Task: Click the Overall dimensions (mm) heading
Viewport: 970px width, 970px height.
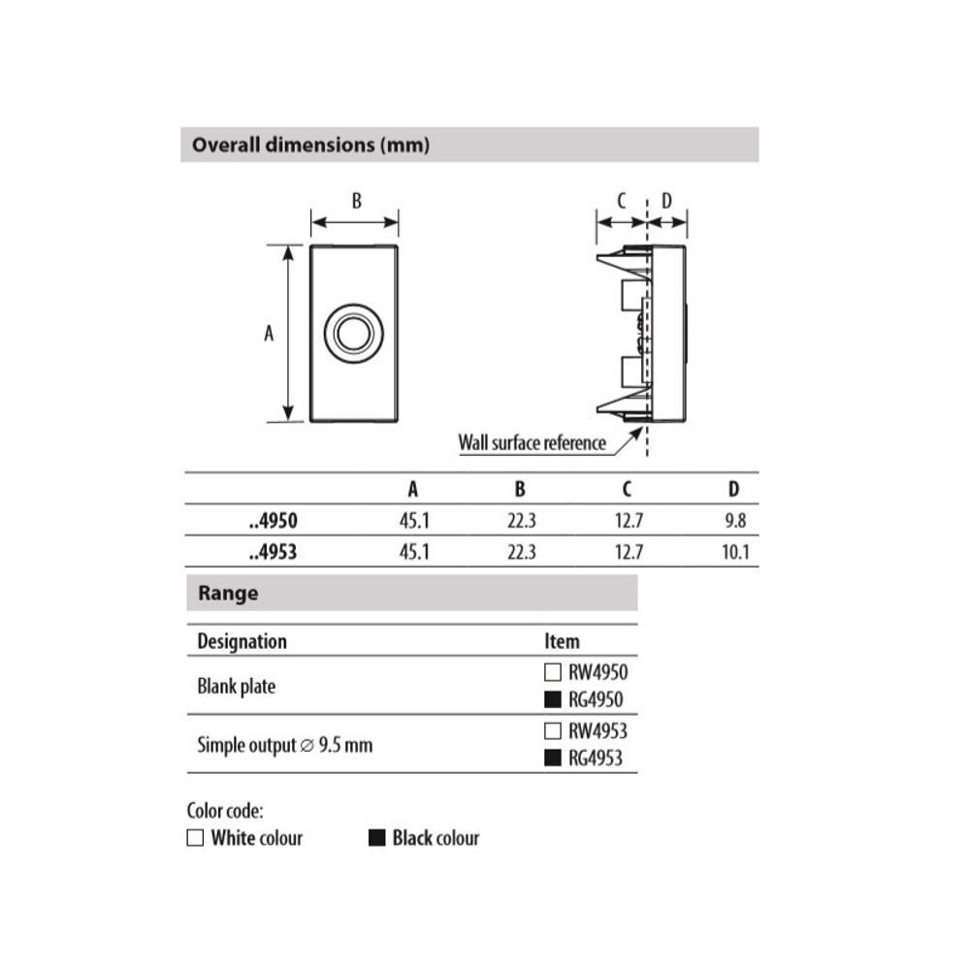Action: pos(310,145)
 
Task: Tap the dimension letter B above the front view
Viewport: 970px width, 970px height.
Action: pos(356,201)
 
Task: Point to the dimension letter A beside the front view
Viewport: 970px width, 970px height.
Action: pos(269,333)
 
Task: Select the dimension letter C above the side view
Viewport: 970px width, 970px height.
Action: pos(622,201)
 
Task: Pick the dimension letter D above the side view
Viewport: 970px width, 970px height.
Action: pos(666,201)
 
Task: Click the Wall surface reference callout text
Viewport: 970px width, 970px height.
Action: pos(532,443)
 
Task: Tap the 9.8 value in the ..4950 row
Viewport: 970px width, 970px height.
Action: pos(735,521)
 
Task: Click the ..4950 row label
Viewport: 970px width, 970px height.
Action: pos(273,521)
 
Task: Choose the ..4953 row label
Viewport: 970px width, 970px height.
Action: pos(273,554)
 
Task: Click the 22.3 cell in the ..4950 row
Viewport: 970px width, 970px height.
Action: pos(521,521)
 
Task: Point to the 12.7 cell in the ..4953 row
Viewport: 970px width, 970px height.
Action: pos(629,554)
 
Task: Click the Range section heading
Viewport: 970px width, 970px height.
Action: pos(228,593)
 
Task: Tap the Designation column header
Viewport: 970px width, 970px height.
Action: pos(242,641)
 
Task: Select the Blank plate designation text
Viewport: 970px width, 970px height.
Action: pos(236,687)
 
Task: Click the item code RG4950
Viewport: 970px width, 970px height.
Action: pos(596,699)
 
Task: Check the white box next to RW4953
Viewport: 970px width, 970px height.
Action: pos(553,731)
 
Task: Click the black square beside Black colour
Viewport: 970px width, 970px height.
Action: pos(377,838)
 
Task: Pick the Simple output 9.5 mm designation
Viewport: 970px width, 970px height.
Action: pos(284,746)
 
